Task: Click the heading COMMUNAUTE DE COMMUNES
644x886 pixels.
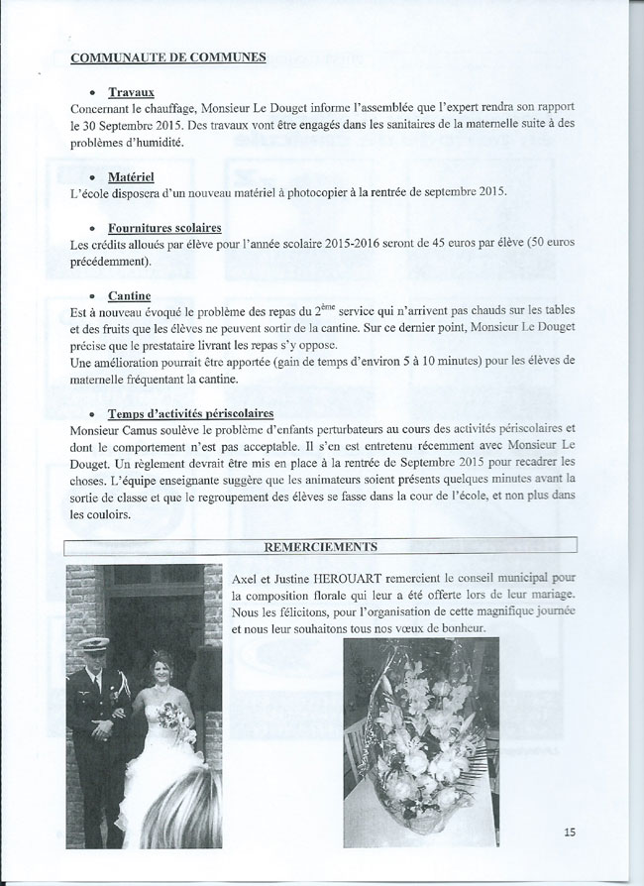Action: coord(168,56)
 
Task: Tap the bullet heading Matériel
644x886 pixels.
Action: coord(139,175)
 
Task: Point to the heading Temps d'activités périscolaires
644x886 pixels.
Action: coord(193,412)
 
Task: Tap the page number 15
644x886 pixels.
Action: coord(569,831)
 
